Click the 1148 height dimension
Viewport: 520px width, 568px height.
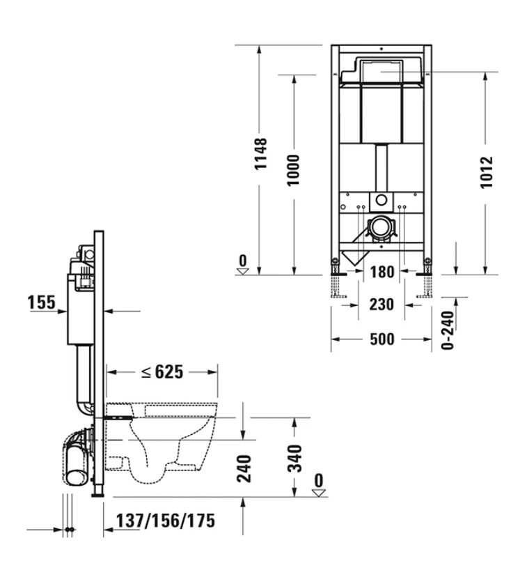click(x=260, y=153)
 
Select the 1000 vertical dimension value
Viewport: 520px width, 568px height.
click(x=294, y=170)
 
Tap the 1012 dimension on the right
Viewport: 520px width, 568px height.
click(x=487, y=172)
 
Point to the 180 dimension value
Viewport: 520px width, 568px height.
click(x=382, y=272)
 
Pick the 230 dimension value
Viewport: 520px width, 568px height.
click(x=381, y=305)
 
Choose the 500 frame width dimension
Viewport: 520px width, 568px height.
click(x=382, y=339)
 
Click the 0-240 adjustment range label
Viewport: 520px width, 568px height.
click(x=448, y=330)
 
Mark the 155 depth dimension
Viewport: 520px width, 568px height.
click(x=42, y=302)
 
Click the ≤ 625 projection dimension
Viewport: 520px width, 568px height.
click(x=162, y=371)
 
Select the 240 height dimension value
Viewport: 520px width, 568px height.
click(x=244, y=469)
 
